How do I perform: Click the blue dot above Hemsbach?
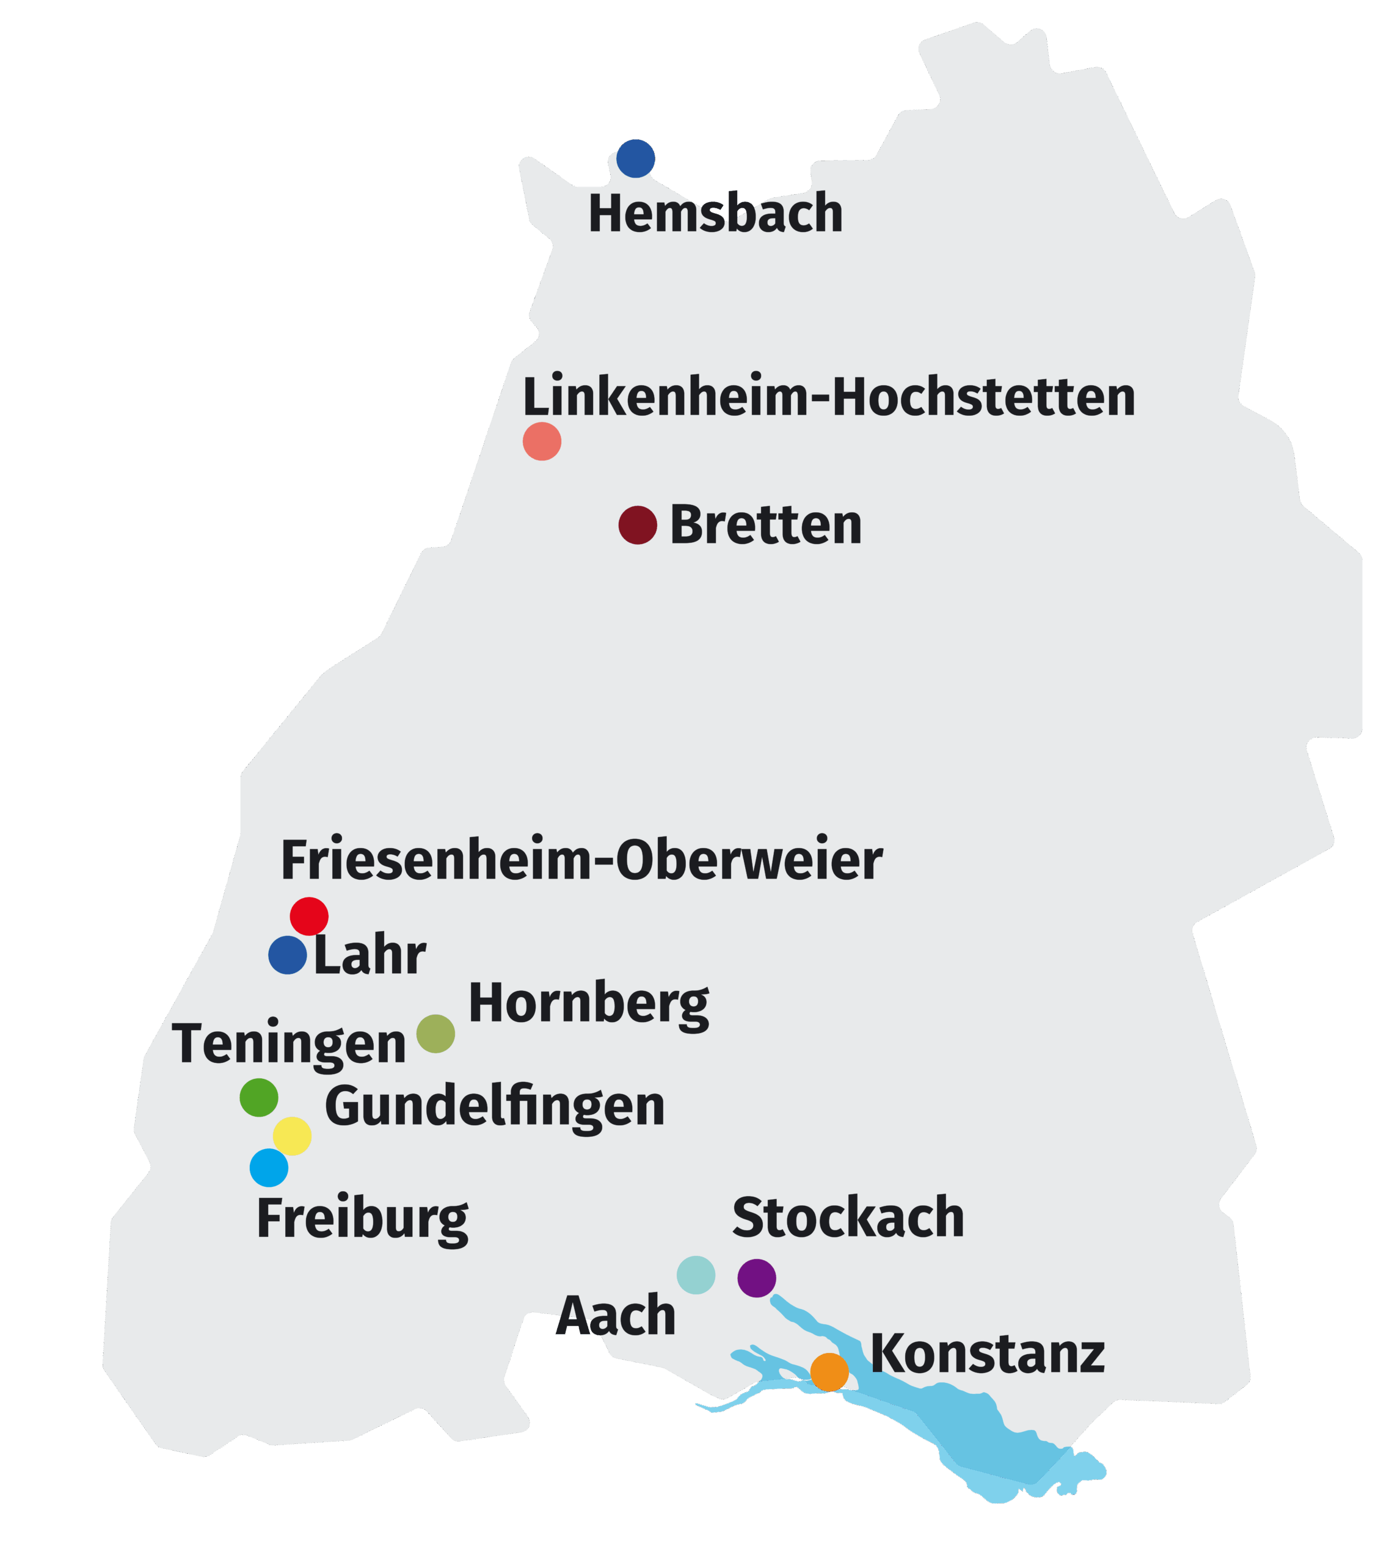tap(636, 158)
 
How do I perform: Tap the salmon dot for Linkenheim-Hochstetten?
tap(542, 441)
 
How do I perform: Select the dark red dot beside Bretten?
tap(638, 525)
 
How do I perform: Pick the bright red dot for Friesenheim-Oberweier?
tap(309, 916)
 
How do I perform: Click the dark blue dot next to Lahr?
tap(288, 955)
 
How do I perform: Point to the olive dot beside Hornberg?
tap(435, 1034)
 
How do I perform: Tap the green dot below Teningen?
tap(258, 1097)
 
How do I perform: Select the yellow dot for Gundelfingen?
tap(292, 1136)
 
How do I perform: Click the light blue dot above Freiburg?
tap(269, 1167)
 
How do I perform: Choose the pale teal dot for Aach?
tap(696, 1275)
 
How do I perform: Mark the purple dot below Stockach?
tap(757, 1278)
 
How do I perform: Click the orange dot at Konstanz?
tap(829, 1372)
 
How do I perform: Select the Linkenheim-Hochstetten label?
tap(828, 397)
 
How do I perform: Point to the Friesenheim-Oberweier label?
tap(581, 860)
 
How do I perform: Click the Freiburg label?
tap(362, 1220)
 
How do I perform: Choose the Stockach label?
tap(848, 1217)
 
